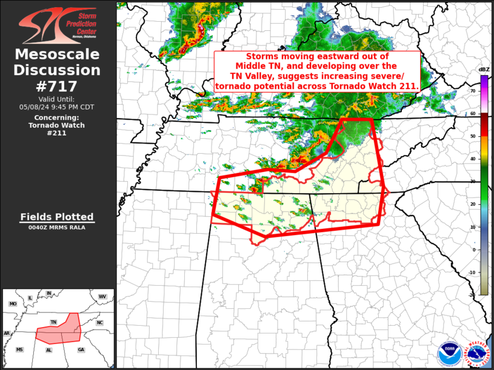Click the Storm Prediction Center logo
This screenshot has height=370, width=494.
coord(58,26)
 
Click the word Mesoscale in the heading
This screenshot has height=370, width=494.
coord(58,55)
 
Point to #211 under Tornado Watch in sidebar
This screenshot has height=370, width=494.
coord(58,133)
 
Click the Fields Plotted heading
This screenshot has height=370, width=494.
coord(58,217)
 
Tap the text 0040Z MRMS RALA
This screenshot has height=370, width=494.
coord(58,228)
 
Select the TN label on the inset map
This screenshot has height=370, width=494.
coord(53,322)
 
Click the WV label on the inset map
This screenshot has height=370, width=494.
coord(102,296)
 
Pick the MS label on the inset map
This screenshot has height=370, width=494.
coord(19,350)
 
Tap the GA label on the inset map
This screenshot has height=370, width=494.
coord(81,350)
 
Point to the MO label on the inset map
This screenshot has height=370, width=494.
coord(13,303)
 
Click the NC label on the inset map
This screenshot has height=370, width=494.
coord(99,323)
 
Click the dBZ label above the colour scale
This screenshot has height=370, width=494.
coord(484,70)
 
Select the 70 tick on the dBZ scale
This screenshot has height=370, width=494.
coord(473,90)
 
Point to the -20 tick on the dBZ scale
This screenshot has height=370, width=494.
coord(472,294)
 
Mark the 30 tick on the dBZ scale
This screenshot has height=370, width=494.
coord(473,181)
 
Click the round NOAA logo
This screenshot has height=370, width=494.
coord(449,352)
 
